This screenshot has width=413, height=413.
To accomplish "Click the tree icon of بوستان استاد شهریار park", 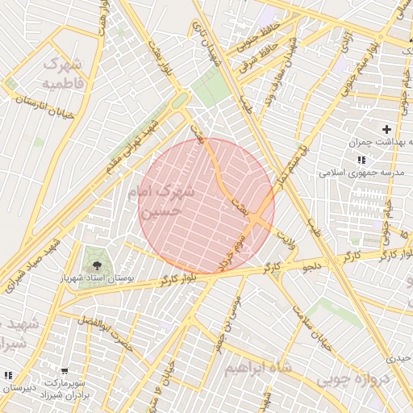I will coord(98,264).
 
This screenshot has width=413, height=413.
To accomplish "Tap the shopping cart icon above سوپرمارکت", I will coord(65,372).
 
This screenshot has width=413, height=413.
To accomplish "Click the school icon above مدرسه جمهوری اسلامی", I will coord(361,161).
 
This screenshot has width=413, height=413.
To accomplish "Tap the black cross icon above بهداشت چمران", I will coord(386,129).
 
